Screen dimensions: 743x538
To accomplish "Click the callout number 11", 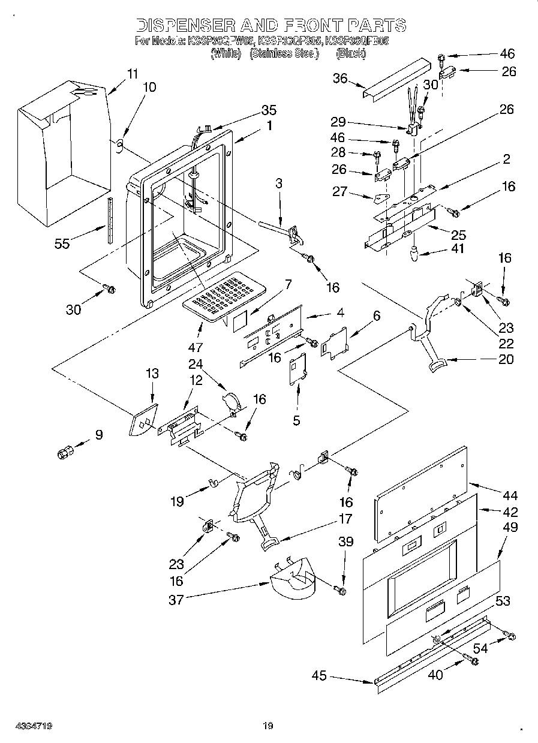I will [x=132, y=74].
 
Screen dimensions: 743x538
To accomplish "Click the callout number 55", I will [x=62, y=243].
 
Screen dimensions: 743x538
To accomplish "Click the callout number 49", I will [x=511, y=527].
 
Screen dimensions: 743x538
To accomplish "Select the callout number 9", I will [x=98, y=435].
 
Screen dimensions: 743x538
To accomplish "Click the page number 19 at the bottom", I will [x=268, y=726].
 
